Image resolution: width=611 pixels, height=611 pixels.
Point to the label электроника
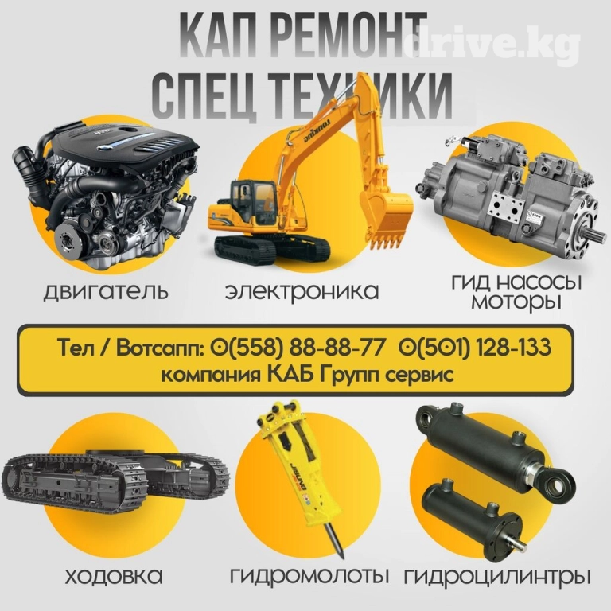[302, 291]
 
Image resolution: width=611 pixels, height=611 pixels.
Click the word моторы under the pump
[516, 301]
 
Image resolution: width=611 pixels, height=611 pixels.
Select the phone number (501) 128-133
[475, 347]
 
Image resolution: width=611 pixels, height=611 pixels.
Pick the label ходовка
[114, 576]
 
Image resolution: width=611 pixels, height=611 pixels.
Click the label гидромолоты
[309, 577]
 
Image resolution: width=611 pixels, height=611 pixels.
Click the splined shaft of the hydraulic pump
[595, 235]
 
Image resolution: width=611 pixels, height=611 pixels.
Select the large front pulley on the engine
[71, 242]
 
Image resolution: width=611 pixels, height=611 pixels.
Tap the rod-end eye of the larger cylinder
[556, 483]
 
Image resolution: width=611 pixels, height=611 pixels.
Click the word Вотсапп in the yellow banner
[160, 348]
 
